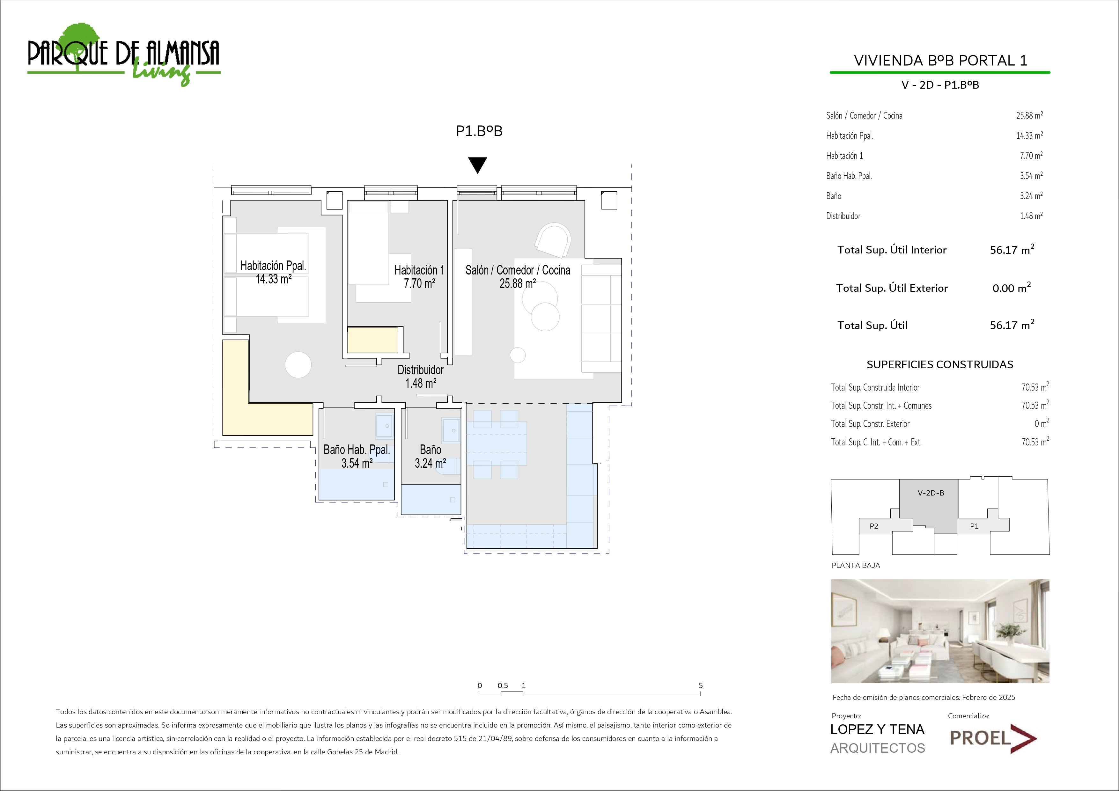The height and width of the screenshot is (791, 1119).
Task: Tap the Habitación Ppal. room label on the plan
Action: pyautogui.click(x=273, y=266)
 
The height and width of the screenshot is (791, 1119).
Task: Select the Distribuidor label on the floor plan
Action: pyautogui.click(x=421, y=370)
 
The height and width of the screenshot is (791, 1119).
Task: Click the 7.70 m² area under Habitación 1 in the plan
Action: pyautogui.click(x=419, y=283)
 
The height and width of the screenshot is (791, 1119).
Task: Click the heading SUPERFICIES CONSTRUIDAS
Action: pyautogui.click(x=940, y=364)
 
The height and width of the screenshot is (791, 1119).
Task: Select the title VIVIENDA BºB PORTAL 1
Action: pyautogui.click(x=940, y=61)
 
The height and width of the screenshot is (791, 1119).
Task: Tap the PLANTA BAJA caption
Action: pyautogui.click(x=856, y=565)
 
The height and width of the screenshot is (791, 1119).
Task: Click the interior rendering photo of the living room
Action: pyautogui.click(x=940, y=631)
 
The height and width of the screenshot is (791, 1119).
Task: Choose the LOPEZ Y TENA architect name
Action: pyautogui.click(x=877, y=729)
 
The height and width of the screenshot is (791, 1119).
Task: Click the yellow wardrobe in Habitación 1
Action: pyautogui.click(x=373, y=340)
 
